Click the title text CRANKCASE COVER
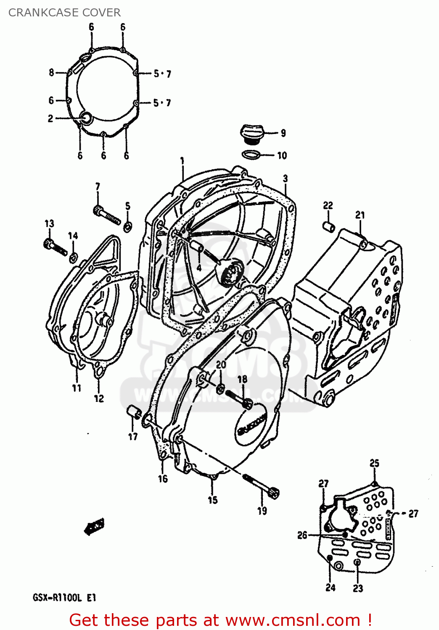coord(64,13)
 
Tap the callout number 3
coord(286,178)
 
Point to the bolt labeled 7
coord(106,214)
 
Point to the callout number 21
coord(360,215)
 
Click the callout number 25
coord(374,463)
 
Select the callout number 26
coord(302,535)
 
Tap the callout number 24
coord(331,587)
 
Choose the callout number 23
coord(358,588)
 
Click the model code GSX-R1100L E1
coord(64,597)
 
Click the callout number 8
coord(51,73)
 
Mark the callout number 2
coord(50,118)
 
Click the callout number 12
coord(99,398)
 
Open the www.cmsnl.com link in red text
coord(293,620)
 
